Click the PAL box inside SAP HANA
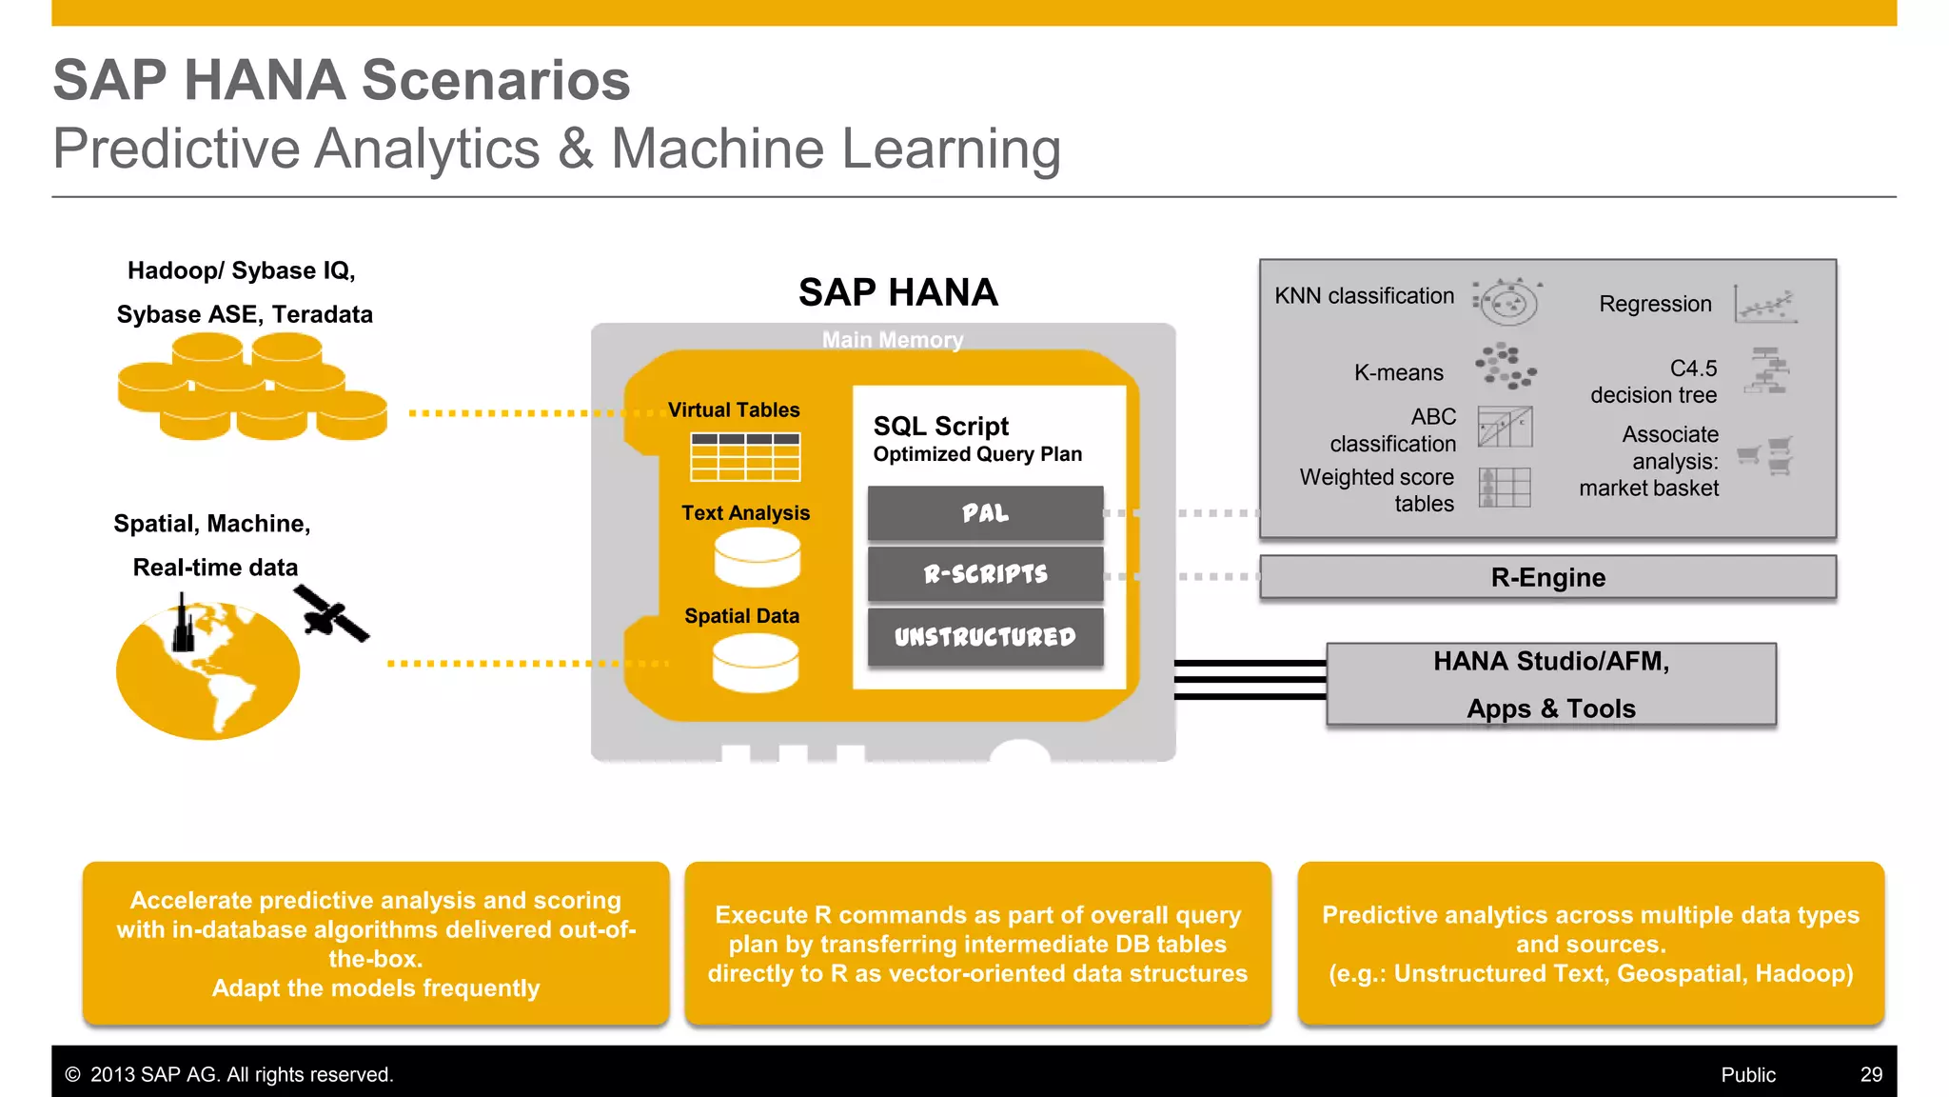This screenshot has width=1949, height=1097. click(x=985, y=513)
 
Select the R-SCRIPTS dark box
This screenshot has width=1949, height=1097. click(x=985, y=573)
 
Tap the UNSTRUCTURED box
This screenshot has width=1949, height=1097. click(x=985, y=636)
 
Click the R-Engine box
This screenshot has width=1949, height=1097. click(x=1547, y=577)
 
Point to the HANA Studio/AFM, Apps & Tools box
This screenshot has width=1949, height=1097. click(x=1551, y=685)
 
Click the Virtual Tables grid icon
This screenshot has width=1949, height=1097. click(x=745, y=457)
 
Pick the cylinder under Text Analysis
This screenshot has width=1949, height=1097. click(x=757, y=558)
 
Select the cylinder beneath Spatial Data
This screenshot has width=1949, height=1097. click(x=756, y=663)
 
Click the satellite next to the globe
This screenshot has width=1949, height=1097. click(x=330, y=614)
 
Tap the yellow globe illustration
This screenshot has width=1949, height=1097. click(x=207, y=671)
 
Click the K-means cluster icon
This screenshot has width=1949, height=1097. click(x=1506, y=367)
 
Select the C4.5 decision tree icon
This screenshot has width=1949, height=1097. click(x=1768, y=370)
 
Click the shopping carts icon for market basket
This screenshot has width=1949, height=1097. click(x=1766, y=455)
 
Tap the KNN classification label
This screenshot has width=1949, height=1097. click(x=1364, y=296)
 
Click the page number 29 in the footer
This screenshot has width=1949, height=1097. click(x=1871, y=1074)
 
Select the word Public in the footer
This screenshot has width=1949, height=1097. click(x=1747, y=1074)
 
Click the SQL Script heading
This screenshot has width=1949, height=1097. click(x=940, y=426)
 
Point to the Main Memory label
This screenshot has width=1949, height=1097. click(x=893, y=340)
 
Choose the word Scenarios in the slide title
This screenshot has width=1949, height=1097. click(x=496, y=80)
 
